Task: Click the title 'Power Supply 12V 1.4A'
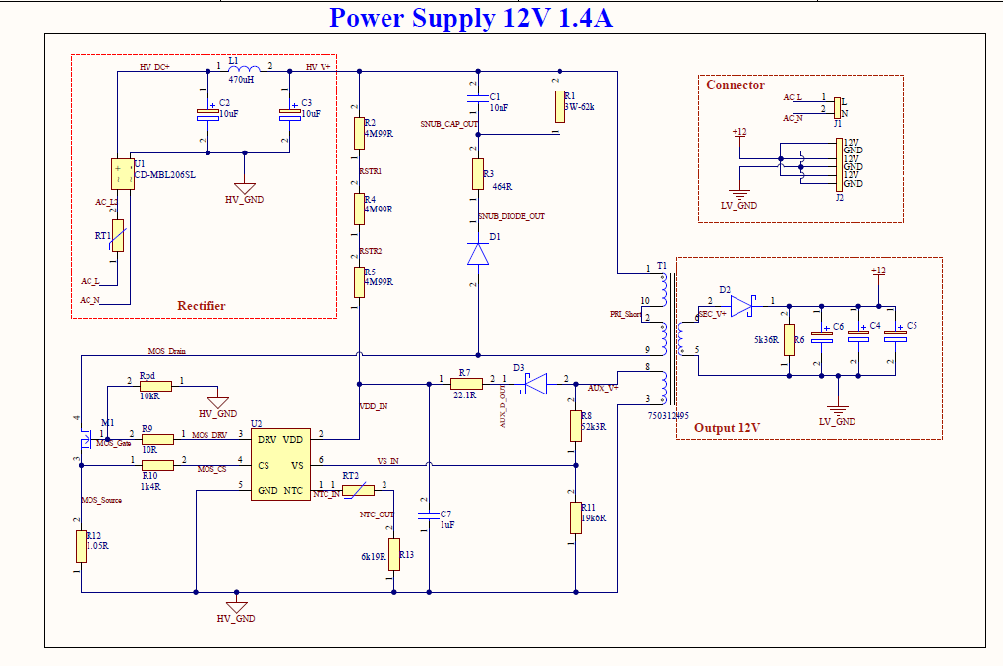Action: (x=471, y=18)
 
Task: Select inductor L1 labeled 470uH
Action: (x=241, y=68)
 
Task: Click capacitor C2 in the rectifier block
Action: (x=206, y=114)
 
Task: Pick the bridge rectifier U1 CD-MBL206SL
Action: (x=122, y=174)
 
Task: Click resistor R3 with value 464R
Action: (x=478, y=174)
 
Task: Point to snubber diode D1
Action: (x=478, y=254)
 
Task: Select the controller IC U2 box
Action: (x=280, y=463)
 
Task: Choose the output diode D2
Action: (x=741, y=306)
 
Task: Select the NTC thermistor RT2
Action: (x=358, y=488)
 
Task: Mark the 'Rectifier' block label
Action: (x=202, y=306)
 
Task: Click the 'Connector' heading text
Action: (x=735, y=85)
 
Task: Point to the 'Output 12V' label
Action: (x=729, y=428)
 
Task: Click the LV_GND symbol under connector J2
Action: (x=740, y=195)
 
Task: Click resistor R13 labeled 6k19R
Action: (x=394, y=554)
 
